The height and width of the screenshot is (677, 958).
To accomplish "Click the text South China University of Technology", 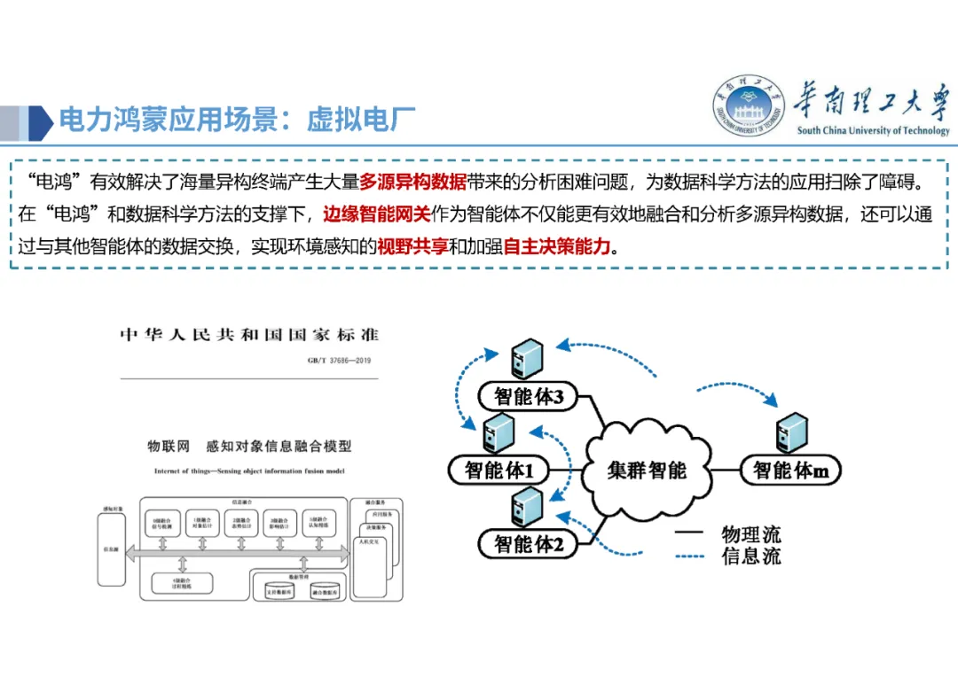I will tap(873, 130).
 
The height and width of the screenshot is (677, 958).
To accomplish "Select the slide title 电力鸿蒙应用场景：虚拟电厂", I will tap(237, 120).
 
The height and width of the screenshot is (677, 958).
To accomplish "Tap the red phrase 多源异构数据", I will tap(412, 183).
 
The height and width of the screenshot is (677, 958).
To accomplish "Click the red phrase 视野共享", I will tap(412, 246).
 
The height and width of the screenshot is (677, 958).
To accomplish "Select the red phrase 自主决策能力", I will tap(557, 246).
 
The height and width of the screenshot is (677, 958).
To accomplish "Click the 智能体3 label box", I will tap(529, 396).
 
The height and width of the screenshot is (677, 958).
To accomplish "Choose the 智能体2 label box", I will tap(529, 543).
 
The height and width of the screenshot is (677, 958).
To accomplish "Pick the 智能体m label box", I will tap(790, 470).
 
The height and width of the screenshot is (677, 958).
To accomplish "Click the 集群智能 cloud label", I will tap(647, 470).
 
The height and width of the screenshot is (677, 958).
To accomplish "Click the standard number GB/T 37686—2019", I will tap(339, 362).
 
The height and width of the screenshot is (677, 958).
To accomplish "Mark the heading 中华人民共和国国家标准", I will tap(249, 335).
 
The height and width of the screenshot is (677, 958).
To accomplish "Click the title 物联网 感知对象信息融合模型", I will tap(249, 446).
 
